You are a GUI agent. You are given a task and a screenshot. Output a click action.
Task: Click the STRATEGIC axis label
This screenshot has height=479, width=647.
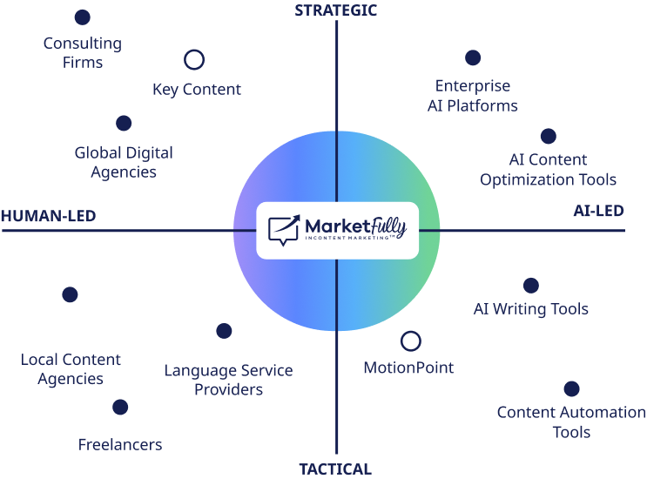pyautogui.click(x=335, y=10)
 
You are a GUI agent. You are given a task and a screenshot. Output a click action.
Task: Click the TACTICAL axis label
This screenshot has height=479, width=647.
pyautogui.click(x=335, y=469)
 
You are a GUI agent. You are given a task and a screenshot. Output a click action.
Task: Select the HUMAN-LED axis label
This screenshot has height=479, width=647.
pyautogui.click(x=48, y=216)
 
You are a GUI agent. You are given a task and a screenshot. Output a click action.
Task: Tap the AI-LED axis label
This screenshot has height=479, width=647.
pyautogui.click(x=599, y=212)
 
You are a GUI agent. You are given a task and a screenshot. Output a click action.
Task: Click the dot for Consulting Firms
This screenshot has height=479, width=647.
pyautogui.click(x=83, y=17)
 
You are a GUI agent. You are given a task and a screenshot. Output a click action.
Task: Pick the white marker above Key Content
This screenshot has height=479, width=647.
pyautogui.click(x=194, y=60)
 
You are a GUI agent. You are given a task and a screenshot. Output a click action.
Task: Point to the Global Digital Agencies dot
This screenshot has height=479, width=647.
pyautogui.click(x=124, y=124)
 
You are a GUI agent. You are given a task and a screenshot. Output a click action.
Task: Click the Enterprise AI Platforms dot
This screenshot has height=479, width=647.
pyautogui.click(x=473, y=57)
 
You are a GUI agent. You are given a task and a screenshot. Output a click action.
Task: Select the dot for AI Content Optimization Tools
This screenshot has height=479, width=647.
pyautogui.click(x=548, y=136)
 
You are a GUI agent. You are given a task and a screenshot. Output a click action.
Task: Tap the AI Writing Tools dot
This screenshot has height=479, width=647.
pyautogui.click(x=530, y=286)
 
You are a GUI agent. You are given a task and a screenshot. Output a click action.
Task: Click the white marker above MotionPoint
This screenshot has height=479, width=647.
pyautogui.click(x=410, y=341)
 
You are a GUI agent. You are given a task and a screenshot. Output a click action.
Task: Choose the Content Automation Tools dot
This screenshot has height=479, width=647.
pyautogui.click(x=571, y=389)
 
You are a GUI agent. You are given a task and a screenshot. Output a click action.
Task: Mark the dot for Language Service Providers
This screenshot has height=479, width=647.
pyautogui.click(x=224, y=331)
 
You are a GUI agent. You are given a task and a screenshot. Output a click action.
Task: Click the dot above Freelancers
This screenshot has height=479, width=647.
pyautogui.click(x=120, y=407)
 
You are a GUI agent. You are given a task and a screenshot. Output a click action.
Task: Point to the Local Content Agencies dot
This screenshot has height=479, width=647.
pyautogui.click(x=71, y=295)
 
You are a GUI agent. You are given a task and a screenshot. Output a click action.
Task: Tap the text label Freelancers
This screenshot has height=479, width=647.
pyautogui.click(x=120, y=445)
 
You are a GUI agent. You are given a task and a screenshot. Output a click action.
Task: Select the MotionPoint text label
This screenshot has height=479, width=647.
pyautogui.click(x=408, y=368)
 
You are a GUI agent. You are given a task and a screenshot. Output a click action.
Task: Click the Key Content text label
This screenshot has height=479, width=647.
pyautogui.click(x=197, y=90)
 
